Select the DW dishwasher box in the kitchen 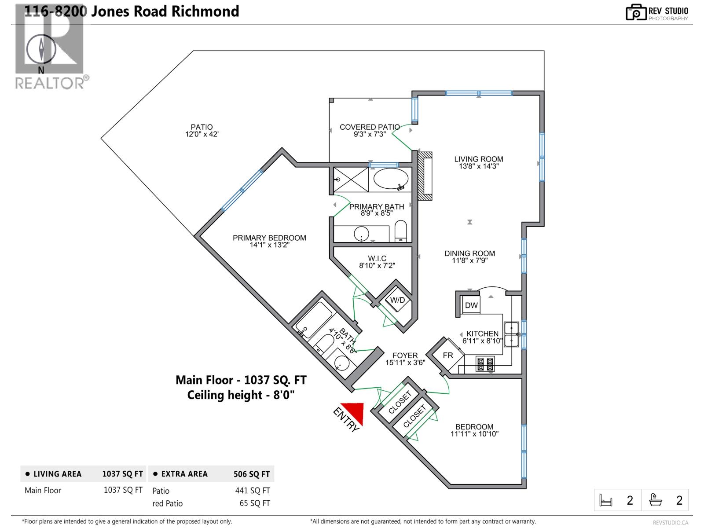471,305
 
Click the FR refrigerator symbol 448,355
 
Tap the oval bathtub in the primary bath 391,179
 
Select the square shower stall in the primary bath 351,180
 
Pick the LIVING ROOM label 478,159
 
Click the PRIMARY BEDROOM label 269,238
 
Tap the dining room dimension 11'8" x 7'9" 469,260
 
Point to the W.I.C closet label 377,258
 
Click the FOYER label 405,356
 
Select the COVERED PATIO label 370,127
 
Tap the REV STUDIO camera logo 636,12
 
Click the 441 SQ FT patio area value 253,491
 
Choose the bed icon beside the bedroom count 606,500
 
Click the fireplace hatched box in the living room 425,176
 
